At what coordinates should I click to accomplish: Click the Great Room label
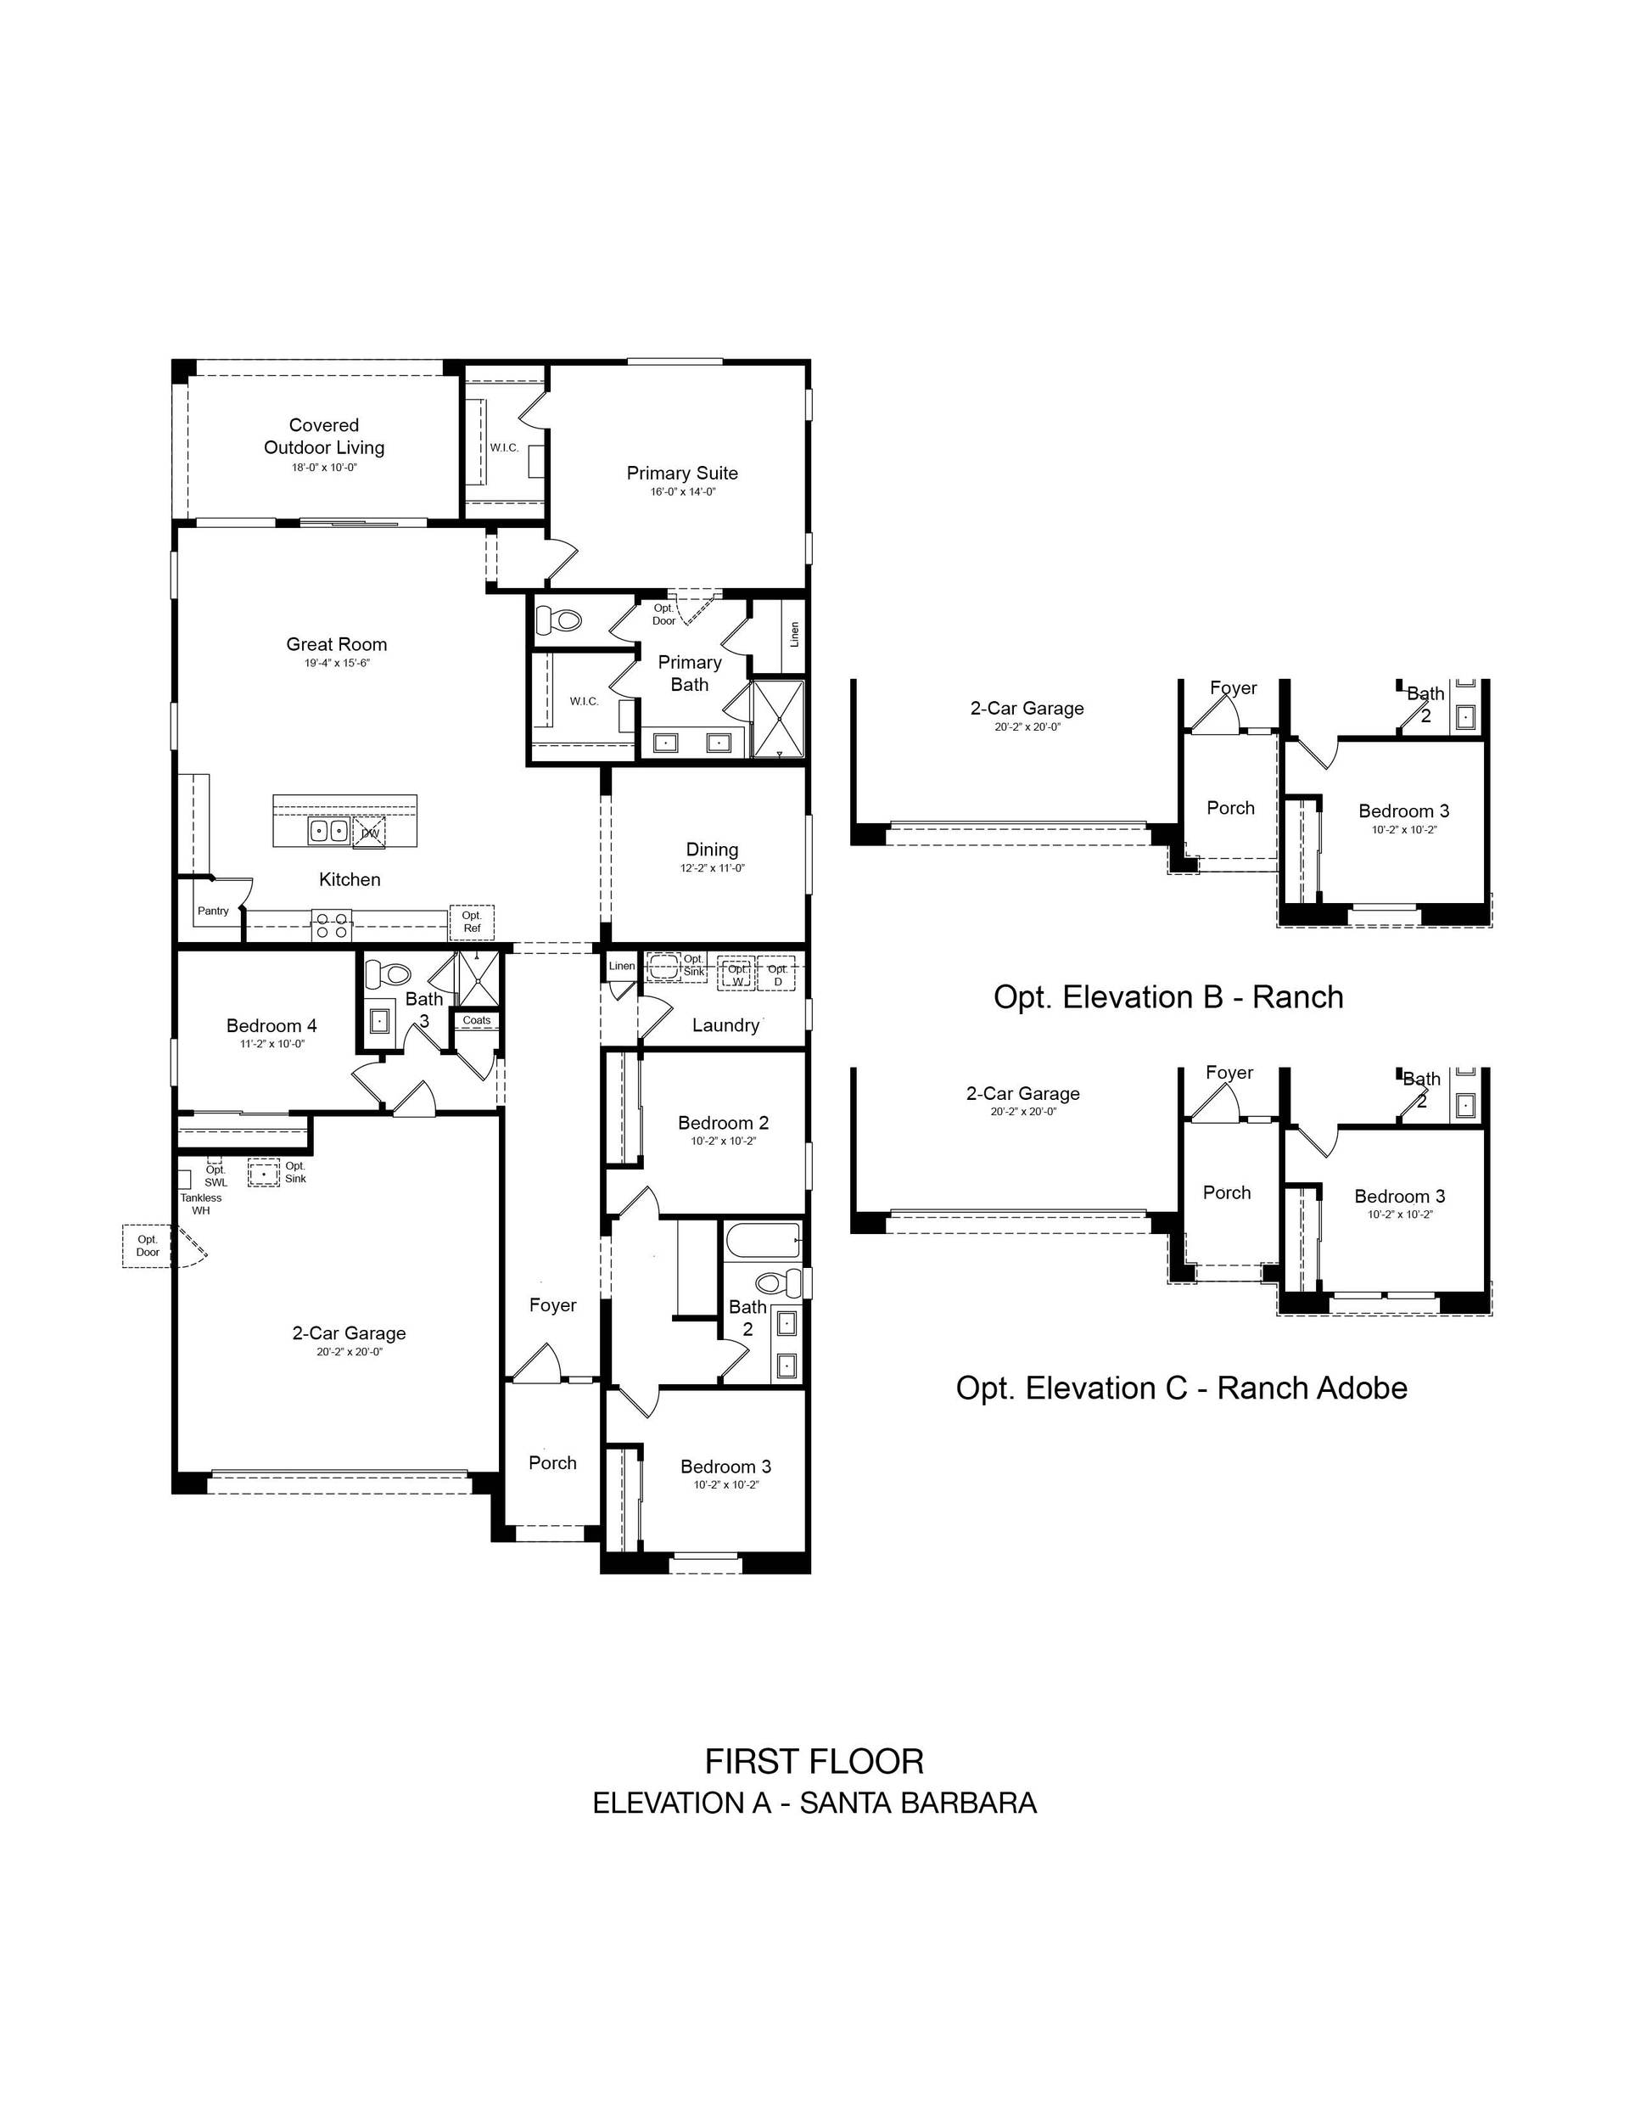pos(336,644)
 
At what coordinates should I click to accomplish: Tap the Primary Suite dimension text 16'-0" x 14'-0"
pos(683,491)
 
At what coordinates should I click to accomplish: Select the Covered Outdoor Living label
pos(324,436)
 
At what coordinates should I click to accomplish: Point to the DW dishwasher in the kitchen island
pos(370,833)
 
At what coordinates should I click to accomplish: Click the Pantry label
pos(214,911)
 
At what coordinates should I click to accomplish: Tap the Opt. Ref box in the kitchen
pos(471,921)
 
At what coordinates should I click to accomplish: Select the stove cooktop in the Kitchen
pos(330,926)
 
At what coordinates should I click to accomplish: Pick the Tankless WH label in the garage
pos(201,1204)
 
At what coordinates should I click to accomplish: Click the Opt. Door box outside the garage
pos(148,1246)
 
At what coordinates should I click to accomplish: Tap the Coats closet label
pos(476,1021)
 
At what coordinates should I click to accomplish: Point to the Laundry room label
pos(725,1025)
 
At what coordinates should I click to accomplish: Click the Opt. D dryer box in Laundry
pos(777,975)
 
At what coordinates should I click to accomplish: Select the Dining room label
pos(712,850)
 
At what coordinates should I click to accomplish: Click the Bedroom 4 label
pos(271,1025)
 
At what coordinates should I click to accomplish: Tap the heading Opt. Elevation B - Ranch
pos(1168,996)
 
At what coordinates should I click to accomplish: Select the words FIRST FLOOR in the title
pos(814,1763)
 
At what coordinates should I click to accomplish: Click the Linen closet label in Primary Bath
pos(794,635)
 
